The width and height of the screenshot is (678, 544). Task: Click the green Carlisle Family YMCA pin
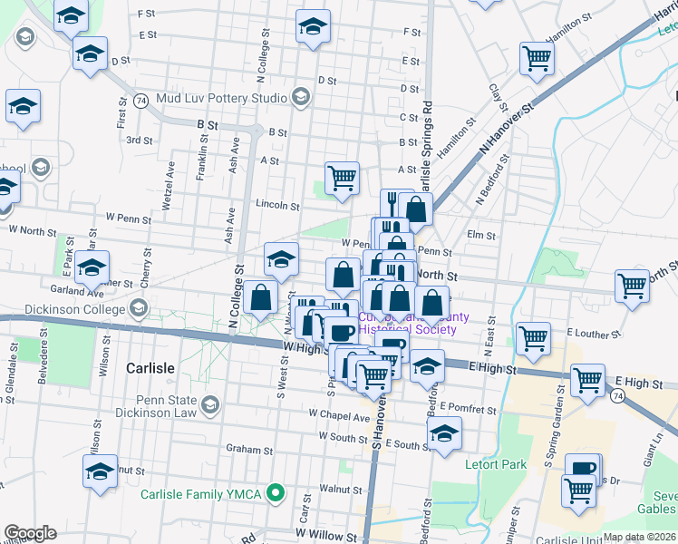[279, 494]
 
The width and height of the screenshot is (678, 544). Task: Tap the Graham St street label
[249, 449]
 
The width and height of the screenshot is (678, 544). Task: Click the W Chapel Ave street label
[338, 417]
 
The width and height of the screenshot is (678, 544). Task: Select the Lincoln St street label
[276, 206]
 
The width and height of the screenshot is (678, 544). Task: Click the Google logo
[30, 533]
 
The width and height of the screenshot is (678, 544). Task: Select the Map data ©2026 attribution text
[640, 537]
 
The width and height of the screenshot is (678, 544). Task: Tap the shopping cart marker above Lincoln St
[342, 179]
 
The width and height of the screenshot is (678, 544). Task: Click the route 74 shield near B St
[140, 100]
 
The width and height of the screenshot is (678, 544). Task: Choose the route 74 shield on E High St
[616, 396]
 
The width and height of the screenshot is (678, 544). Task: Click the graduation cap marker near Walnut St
[100, 471]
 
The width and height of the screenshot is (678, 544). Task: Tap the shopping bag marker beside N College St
[261, 297]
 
